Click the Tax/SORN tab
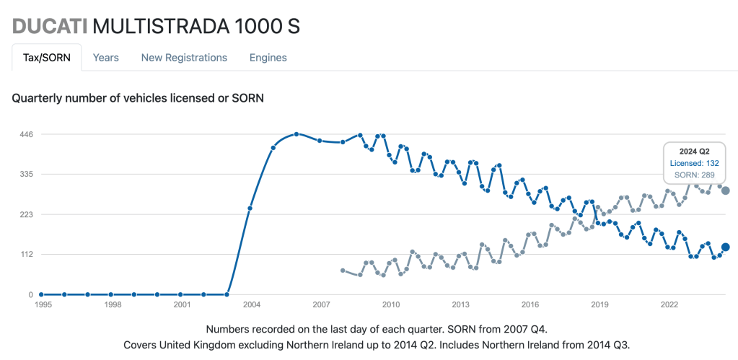47,58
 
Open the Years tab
106,58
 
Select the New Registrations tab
184,58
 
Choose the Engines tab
268,58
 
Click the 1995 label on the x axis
42,304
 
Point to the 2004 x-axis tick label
252,304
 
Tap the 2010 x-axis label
391,304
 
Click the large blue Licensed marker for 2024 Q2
726,247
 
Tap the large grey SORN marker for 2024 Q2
726,190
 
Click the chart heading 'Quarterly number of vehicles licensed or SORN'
138,98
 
